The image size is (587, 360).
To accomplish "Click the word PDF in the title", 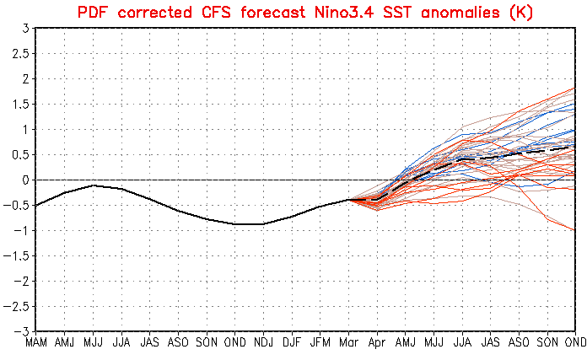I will point(93,12).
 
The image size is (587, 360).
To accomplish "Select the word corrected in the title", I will point(153,12).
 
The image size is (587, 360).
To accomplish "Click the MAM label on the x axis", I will point(36,344).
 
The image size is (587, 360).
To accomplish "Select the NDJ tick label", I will point(263,344).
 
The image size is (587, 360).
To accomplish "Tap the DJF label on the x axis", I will point(292,344).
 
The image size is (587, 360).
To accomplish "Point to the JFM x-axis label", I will point(320,344).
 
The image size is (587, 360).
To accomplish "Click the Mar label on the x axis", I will point(348,344).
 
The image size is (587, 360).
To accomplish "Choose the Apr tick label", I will point(377,344).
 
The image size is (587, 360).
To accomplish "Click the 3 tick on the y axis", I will point(27,28).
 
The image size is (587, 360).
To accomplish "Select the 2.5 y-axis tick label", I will point(21,53).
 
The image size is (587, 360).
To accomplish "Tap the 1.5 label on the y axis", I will point(21,104).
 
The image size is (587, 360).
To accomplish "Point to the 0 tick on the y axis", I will point(27,180).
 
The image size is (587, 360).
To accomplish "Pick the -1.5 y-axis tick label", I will point(18,255).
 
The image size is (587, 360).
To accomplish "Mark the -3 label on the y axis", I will point(24,331).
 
